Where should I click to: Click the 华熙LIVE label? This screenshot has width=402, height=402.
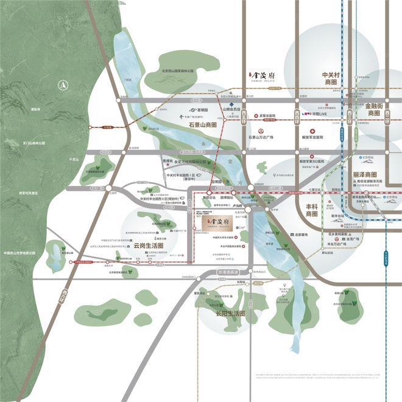point(317,114)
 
